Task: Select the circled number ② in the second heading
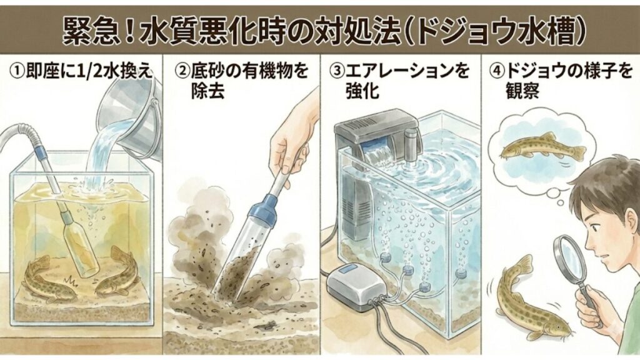point(181,70)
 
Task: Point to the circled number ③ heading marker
point(336,70)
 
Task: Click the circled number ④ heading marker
point(494,70)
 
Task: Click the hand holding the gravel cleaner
point(292,134)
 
